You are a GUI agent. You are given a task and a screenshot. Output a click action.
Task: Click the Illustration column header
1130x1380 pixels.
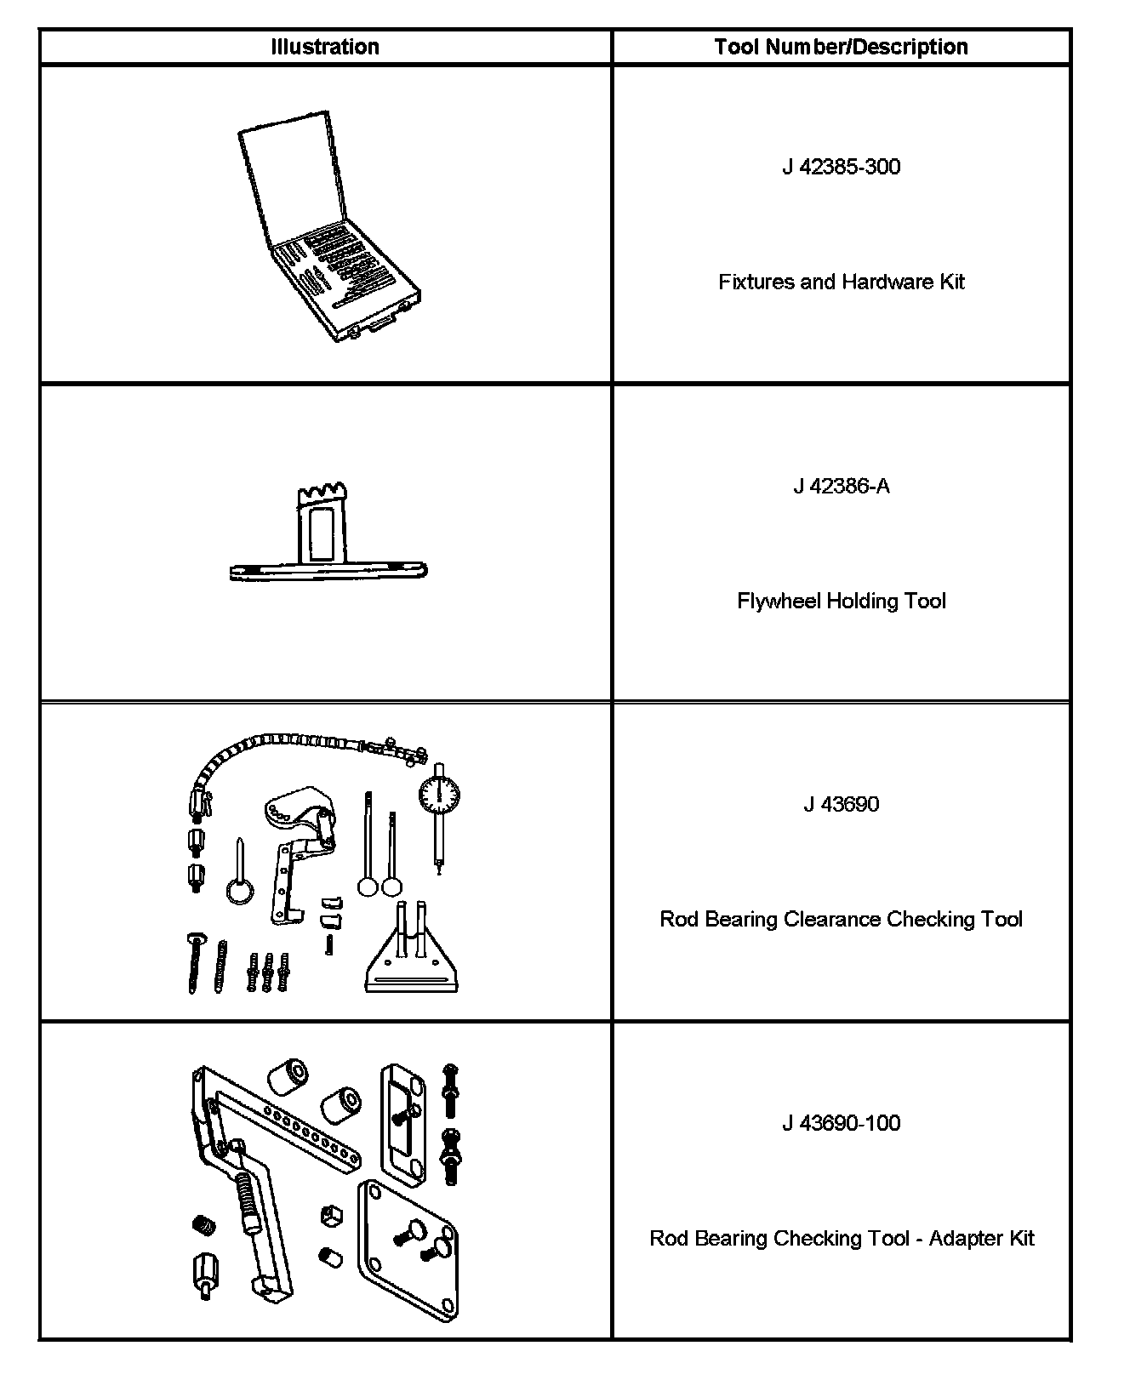(325, 47)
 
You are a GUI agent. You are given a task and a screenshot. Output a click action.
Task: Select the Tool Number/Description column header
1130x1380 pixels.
(841, 47)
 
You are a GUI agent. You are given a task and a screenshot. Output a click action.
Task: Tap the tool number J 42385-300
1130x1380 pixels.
(841, 167)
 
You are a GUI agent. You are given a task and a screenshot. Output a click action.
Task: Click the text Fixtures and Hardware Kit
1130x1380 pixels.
(841, 282)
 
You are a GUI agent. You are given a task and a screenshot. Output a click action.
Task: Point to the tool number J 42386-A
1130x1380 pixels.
(841, 486)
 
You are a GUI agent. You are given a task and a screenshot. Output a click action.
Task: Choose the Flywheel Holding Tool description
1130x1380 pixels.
(841, 601)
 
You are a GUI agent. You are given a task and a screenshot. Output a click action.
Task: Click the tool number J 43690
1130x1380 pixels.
(841, 804)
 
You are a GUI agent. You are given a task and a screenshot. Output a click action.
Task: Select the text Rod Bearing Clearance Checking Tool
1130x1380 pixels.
(841, 919)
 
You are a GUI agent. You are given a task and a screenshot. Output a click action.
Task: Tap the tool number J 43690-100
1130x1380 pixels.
(841, 1123)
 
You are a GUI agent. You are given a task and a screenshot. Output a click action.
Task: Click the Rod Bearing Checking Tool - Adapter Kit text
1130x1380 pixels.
(841, 1238)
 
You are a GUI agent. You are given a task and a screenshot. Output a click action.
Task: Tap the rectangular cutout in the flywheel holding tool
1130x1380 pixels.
(322, 534)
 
